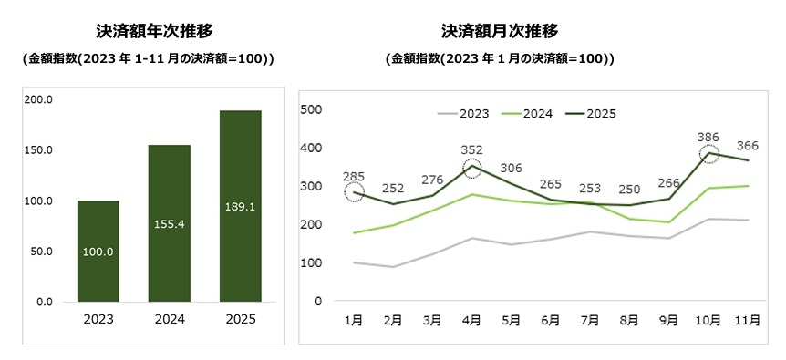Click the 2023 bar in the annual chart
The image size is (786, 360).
[98, 251]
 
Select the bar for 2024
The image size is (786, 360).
[169, 223]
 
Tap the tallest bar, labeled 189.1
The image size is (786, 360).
[241, 206]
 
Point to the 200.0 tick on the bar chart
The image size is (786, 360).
[40, 99]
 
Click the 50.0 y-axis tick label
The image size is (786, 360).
[43, 251]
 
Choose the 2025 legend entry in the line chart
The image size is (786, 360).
[600, 114]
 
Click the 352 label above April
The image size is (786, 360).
[472, 150]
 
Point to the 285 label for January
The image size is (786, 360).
[355, 176]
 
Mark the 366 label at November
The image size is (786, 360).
[748, 145]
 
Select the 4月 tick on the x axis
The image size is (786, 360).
[472, 321]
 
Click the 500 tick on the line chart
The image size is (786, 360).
[312, 109]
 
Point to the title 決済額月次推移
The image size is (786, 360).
[500, 31]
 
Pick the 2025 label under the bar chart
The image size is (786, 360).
[241, 319]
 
